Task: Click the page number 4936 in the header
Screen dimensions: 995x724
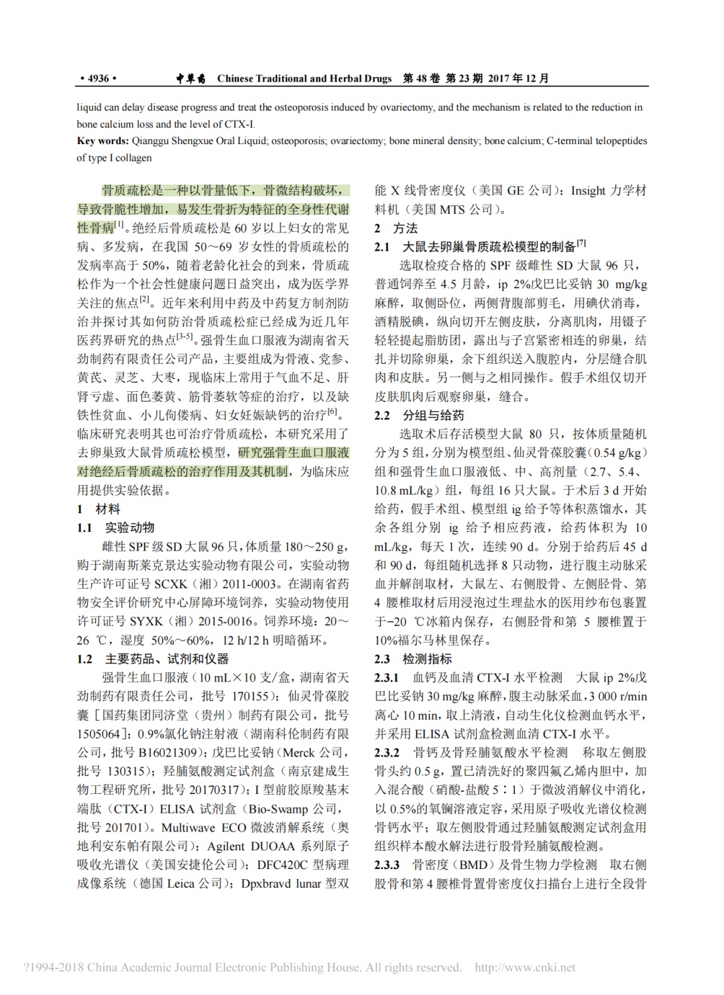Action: [x=97, y=78]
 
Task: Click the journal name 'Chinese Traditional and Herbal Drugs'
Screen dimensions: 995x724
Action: [x=304, y=78]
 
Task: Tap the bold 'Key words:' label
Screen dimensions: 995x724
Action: [x=103, y=141]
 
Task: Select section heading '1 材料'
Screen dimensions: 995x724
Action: [x=99, y=509]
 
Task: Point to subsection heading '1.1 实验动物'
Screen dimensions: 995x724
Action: [x=115, y=528]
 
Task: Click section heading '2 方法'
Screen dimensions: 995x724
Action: [x=396, y=228]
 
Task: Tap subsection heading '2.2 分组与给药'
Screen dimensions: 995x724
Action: [x=419, y=415]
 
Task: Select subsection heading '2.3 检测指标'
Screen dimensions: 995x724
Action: [x=413, y=659]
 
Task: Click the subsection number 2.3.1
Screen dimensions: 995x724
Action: [x=387, y=678]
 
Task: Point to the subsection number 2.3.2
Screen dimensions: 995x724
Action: [x=387, y=752]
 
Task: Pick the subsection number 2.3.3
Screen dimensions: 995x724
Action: [x=387, y=865]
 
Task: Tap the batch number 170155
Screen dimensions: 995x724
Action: [x=250, y=696]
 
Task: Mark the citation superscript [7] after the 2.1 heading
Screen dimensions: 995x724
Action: [x=581, y=243]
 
